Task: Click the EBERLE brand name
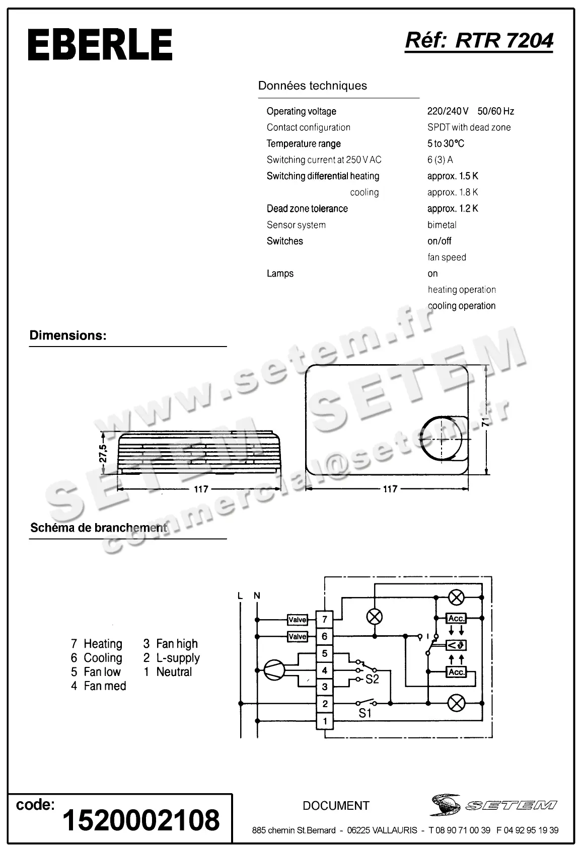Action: [100, 45]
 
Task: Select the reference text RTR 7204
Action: [504, 40]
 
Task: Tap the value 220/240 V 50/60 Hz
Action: [470, 111]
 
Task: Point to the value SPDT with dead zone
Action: [469, 127]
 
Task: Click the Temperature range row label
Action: [304, 143]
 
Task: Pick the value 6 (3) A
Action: [440, 159]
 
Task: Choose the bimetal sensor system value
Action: [442, 225]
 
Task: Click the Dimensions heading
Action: [68, 335]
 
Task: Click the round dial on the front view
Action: [442, 439]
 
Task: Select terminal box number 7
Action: [325, 619]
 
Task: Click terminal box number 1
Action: [325, 721]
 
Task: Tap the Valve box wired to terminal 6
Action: [297, 637]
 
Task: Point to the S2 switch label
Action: [372, 679]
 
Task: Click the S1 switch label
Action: [365, 713]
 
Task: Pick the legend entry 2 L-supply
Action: [172, 658]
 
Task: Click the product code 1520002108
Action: [141, 820]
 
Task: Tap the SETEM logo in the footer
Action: [493, 805]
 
